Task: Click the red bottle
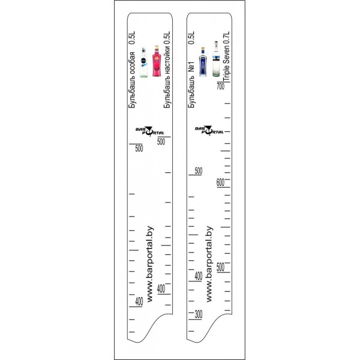[x=157, y=61]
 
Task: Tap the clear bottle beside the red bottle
[x=143, y=62]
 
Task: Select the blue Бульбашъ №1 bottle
[x=203, y=62]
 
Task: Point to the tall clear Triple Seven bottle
[x=216, y=59]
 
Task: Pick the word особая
[x=132, y=63]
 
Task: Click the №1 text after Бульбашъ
[x=191, y=67]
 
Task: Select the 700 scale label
[x=220, y=86]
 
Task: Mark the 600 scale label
[x=220, y=182]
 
